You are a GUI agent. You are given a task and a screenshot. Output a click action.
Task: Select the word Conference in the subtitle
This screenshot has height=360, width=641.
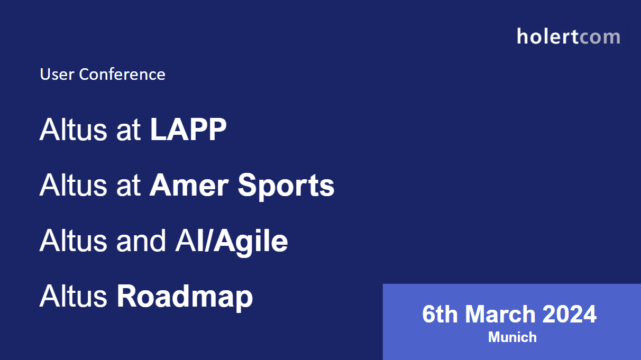(122, 74)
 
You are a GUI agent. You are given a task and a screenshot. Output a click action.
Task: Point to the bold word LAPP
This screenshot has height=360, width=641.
(188, 130)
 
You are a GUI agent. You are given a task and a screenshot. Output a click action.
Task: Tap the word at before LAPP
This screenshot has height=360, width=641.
(129, 130)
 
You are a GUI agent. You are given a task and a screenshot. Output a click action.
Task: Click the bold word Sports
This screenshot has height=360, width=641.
(286, 186)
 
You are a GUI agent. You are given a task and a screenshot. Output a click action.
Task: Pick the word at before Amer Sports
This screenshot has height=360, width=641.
(129, 186)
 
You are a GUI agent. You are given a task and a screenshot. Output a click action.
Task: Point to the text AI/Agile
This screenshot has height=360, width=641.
(231, 241)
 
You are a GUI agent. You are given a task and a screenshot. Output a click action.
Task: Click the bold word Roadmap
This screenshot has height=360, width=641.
(185, 297)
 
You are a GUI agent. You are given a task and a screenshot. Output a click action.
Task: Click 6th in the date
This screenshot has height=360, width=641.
(440, 315)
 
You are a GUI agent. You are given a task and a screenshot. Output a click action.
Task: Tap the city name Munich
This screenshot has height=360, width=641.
(512, 337)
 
